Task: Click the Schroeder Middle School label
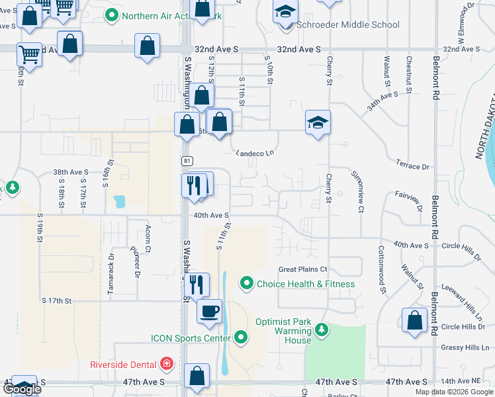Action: pos(348,25)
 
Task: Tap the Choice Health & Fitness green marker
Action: pos(247,284)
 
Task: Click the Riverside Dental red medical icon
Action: pos(166,363)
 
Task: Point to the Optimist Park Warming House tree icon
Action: pos(322,330)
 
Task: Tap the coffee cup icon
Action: pos(210,310)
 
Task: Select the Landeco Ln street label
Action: pos(255,153)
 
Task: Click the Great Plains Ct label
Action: pos(303,269)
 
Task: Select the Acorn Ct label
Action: pos(148,239)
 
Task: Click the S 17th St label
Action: pos(56,300)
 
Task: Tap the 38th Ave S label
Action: pos(71,172)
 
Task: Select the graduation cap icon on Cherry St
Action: pos(318,122)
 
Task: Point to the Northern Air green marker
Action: pos(112,15)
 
